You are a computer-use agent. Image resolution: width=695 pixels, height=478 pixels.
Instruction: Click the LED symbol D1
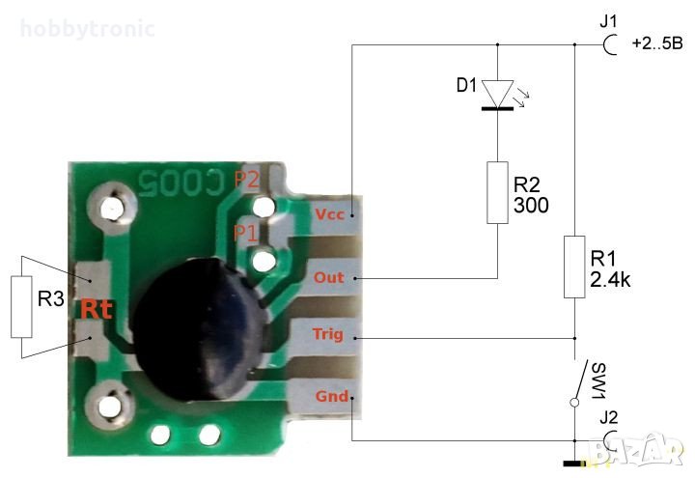498,95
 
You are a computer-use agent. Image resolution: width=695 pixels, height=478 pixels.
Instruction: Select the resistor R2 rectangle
498,192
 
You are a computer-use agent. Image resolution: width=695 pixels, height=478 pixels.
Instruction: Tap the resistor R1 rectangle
575,266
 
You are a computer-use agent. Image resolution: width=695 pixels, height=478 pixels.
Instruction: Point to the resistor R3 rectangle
21,305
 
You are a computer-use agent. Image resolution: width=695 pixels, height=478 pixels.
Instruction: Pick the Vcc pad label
329,213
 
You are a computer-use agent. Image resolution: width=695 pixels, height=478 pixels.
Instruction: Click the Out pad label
329,277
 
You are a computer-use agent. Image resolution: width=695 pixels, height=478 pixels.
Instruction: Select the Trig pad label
329,335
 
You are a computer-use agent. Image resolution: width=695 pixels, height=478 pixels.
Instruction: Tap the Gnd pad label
329,396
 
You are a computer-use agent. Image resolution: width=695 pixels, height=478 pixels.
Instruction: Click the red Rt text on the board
97,309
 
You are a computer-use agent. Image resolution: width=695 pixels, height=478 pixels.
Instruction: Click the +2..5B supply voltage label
656,43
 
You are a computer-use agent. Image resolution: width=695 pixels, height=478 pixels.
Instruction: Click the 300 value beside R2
530,206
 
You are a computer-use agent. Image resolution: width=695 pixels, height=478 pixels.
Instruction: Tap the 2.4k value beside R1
610,281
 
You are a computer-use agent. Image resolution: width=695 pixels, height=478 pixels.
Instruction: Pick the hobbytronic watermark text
88,28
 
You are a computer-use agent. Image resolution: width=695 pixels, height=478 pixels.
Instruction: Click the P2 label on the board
246,180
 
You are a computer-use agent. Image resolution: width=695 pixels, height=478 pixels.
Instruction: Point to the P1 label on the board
246,232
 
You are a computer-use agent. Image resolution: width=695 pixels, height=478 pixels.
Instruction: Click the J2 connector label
608,418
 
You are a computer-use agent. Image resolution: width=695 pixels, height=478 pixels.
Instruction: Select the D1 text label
466,85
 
